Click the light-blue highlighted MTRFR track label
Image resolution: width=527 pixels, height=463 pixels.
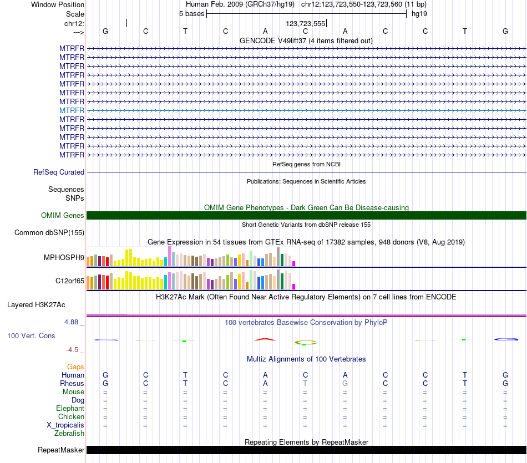pos(72,110)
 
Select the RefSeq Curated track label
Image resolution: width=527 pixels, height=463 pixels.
pos(59,172)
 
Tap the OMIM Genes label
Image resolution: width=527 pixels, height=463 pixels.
pos(63,215)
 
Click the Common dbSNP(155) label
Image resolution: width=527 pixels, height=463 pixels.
pos(49,232)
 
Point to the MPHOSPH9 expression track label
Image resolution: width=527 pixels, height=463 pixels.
pos(64,257)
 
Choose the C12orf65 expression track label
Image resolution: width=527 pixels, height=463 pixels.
pos(70,281)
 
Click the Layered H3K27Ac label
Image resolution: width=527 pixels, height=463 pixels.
pos(36,305)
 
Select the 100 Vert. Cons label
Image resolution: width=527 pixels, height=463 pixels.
pos(31,335)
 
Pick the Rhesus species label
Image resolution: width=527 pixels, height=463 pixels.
pos(72,383)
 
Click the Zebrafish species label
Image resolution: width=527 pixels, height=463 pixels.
pos(69,434)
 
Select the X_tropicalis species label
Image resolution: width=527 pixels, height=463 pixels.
pos(65,425)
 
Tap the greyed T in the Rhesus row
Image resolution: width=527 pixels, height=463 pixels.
pos(305,383)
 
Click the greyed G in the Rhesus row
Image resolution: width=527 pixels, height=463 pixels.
pos(345,383)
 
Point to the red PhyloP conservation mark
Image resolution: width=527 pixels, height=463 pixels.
pos(265,339)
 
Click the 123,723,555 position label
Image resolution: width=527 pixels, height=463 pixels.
pos(306,23)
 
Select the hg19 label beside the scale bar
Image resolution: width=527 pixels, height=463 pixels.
pos(419,14)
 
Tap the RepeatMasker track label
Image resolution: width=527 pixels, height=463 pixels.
pos(61,450)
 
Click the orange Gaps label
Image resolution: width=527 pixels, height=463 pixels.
pos(75,367)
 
